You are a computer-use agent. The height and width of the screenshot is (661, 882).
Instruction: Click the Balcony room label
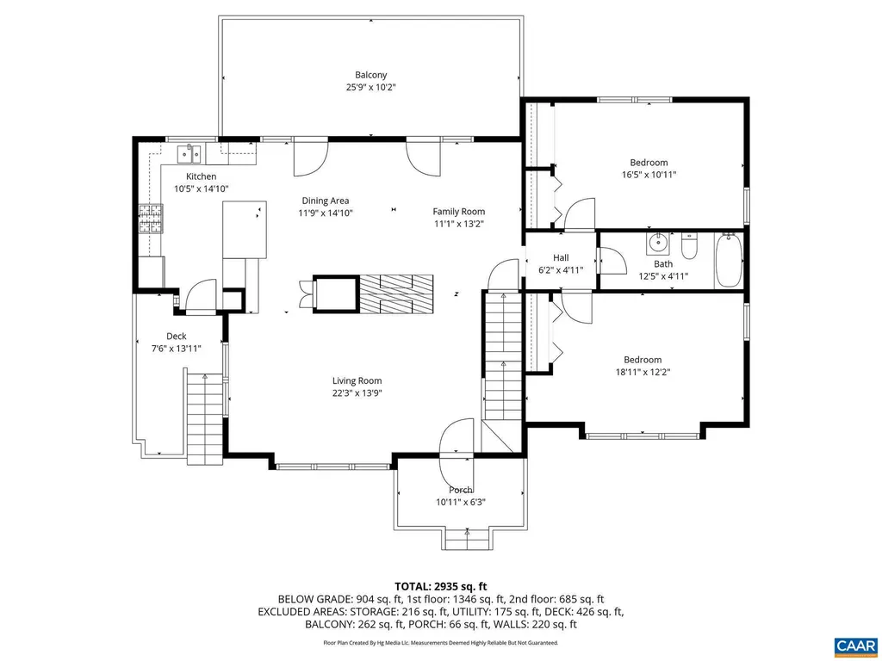click(371, 75)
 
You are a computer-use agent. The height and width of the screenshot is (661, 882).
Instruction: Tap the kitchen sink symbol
click(189, 154)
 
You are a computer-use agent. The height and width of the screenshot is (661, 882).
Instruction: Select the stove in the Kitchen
click(151, 219)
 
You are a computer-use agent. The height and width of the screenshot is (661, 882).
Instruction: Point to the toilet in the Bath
click(688, 248)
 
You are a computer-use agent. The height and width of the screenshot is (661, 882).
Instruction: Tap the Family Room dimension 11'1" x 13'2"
click(458, 224)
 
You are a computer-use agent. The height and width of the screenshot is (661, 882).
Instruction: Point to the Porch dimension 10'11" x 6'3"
click(461, 503)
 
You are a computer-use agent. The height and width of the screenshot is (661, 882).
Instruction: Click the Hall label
click(561, 257)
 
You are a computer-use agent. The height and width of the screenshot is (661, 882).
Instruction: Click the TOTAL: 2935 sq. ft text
click(440, 585)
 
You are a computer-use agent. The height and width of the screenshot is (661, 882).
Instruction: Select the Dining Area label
click(326, 201)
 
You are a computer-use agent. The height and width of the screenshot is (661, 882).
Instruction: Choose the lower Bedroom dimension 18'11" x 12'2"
click(643, 372)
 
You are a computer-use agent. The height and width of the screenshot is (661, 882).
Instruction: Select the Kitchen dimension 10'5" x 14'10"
click(202, 188)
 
